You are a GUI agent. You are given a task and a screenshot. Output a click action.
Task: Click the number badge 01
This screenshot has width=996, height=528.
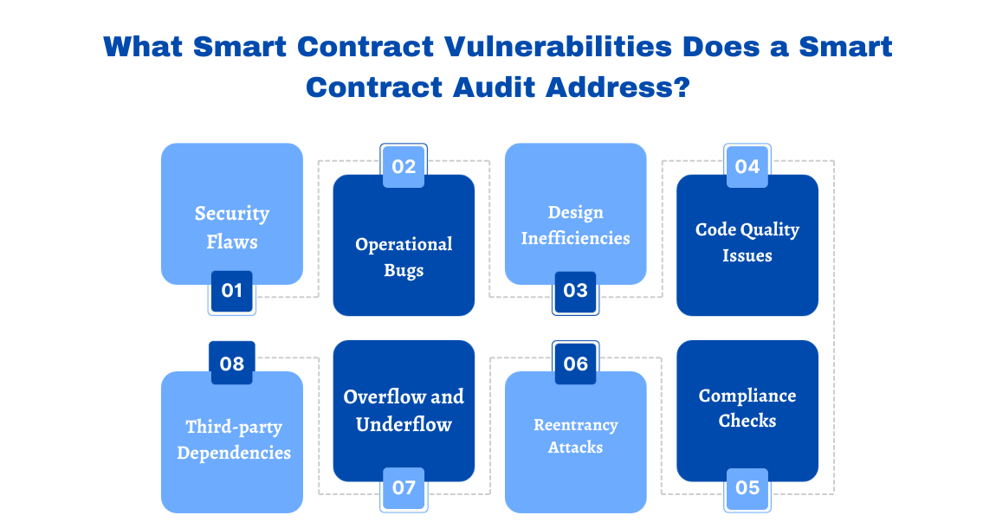[x=231, y=291]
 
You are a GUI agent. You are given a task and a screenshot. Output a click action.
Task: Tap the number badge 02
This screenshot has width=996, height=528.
[x=404, y=166]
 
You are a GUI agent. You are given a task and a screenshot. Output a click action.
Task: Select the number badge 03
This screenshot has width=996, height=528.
[x=575, y=291]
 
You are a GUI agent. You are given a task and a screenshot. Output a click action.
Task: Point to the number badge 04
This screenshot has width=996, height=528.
[x=747, y=166]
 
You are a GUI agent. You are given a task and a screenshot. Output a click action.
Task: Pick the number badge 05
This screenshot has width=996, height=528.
[x=747, y=487]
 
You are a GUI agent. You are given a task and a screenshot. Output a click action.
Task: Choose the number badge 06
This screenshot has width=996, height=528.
[x=575, y=364]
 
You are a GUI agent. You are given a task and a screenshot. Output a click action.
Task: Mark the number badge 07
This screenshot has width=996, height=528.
[x=404, y=487]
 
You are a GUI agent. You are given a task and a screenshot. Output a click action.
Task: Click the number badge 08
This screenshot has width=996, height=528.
[x=231, y=364]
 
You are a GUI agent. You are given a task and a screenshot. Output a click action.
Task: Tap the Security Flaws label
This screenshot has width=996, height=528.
[x=232, y=228]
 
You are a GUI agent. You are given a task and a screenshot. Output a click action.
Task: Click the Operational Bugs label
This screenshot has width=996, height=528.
[x=404, y=257]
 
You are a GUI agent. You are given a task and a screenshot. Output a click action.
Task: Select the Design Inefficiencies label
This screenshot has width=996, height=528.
[x=575, y=225]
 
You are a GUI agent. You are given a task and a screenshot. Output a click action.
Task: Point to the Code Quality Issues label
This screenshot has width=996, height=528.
[x=747, y=242]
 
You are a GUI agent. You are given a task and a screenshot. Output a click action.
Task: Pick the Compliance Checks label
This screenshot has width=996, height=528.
[x=747, y=408]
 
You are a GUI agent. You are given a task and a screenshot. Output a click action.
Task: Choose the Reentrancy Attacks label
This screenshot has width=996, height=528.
[x=575, y=436]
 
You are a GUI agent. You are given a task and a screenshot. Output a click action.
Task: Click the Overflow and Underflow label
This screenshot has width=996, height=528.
[x=404, y=410]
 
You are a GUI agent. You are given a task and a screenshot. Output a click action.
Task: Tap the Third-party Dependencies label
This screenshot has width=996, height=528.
[x=234, y=440]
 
